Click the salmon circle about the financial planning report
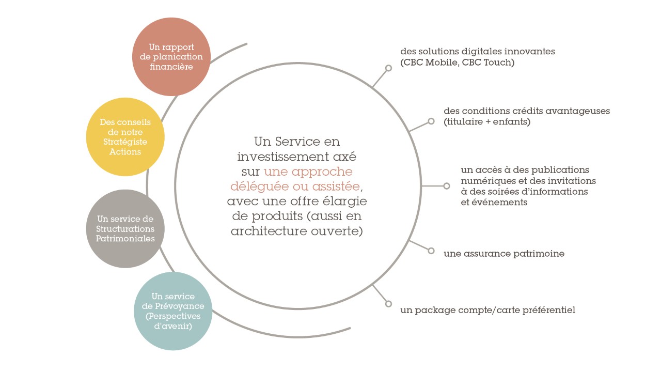coord(171,57)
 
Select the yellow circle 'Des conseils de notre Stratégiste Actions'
coord(125,137)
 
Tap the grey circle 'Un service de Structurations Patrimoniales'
coord(125,229)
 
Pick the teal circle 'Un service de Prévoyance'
coord(173,311)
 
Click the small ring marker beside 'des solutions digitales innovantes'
coord(389,68)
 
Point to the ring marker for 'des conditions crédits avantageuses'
coord(431,121)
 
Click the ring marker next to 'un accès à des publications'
coord(447,186)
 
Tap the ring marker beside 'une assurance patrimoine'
coord(431,251)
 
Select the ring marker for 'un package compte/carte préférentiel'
coord(389,304)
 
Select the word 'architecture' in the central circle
coord(269,231)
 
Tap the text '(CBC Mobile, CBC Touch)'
coord(458,63)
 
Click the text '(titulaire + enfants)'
coord(487,121)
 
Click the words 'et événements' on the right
coord(494,202)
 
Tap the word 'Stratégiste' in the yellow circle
coord(125,142)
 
